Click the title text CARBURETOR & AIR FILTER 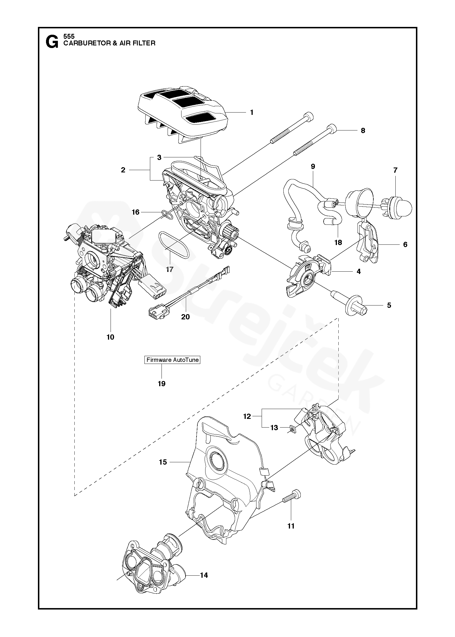[109, 43]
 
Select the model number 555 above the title [69, 36]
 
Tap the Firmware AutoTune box [173, 360]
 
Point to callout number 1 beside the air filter [252, 112]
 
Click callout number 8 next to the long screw [363, 130]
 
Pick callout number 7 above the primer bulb [395, 170]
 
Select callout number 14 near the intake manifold [204, 575]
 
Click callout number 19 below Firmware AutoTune [162, 384]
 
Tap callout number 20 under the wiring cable [185, 317]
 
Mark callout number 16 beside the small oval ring [135, 212]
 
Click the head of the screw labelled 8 [332, 128]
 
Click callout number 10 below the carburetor [110, 337]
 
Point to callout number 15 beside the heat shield [163, 462]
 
